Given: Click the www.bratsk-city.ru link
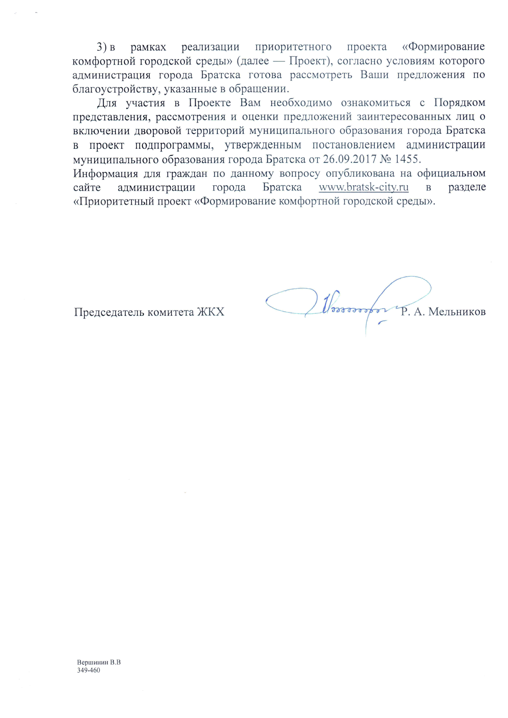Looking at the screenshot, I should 363,187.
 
